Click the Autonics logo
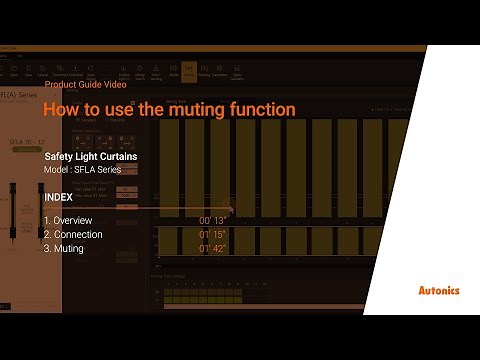click(x=438, y=291)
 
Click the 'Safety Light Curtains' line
click(x=91, y=157)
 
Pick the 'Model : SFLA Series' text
click(x=83, y=170)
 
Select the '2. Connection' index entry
click(x=73, y=234)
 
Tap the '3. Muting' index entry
click(x=64, y=248)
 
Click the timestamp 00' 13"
click(x=212, y=220)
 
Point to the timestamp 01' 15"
click(x=212, y=234)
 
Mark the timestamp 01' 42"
click(x=212, y=248)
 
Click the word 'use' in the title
click(x=118, y=109)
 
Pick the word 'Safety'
click(x=59, y=157)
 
